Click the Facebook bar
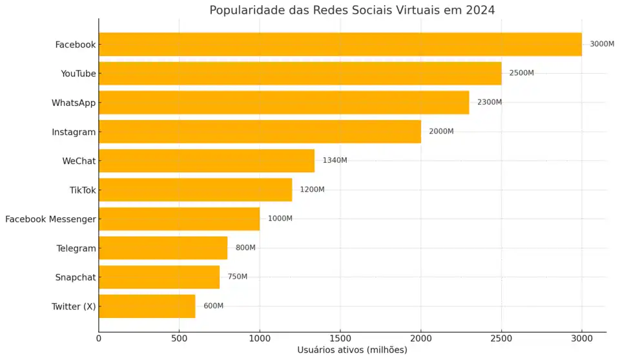coord(340,45)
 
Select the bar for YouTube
coord(300,74)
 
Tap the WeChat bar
coord(207,161)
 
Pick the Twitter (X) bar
coord(147,306)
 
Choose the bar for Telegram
coord(163,248)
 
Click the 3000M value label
coord(602,44)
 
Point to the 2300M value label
coord(490,102)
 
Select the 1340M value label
coord(335,160)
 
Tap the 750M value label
coord(238,277)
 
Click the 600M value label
coord(213,306)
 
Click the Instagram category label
coord(74,132)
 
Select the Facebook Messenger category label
coord(50,219)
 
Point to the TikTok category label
coord(83,190)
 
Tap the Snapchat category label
coord(76,277)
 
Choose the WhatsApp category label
coord(74,103)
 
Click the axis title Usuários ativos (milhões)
coord(352,350)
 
